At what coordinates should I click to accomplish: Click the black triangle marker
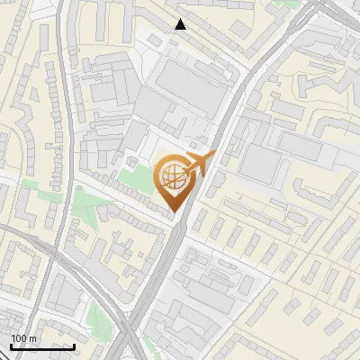tap(181, 24)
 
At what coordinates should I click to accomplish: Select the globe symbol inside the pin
tap(171, 177)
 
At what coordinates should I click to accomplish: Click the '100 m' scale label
tap(23, 338)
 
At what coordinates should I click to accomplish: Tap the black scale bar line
tap(42, 346)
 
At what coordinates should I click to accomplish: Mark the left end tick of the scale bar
tap(11, 346)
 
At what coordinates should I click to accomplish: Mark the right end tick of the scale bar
tap(74, 346)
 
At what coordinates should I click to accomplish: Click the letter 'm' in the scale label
tap(32, 338)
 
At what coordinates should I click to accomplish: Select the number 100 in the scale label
tap(19, 338)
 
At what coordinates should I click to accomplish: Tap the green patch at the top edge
tap(288, 4)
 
